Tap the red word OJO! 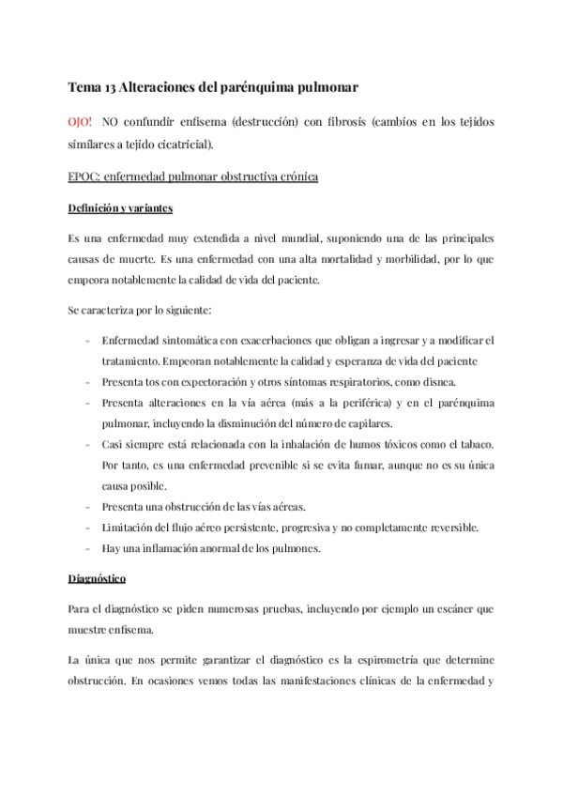pos(84,123)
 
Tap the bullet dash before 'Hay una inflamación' pos(86,548)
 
